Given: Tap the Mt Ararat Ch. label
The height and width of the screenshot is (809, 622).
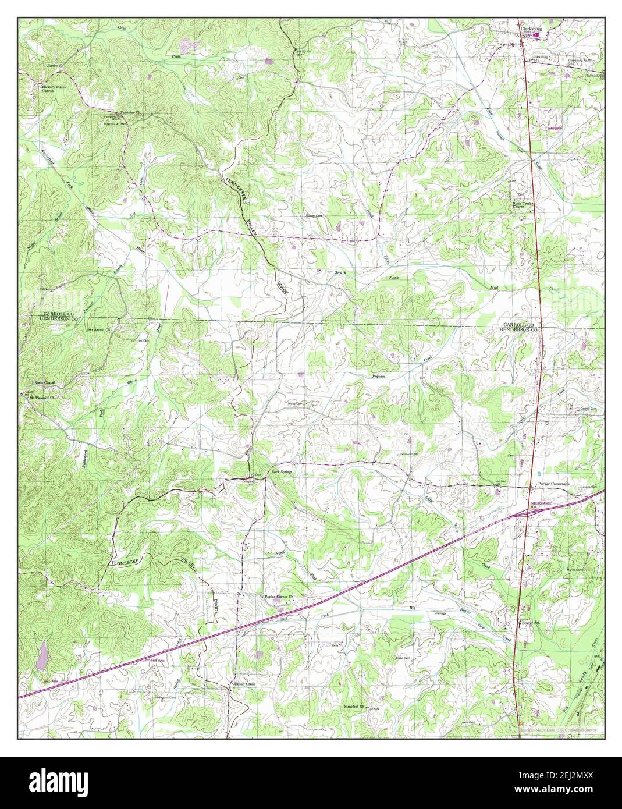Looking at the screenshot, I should click(99, 329).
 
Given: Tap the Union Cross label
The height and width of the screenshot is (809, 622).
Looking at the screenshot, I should click(244, 684).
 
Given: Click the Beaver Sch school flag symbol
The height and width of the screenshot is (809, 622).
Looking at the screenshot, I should click(519, 622).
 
